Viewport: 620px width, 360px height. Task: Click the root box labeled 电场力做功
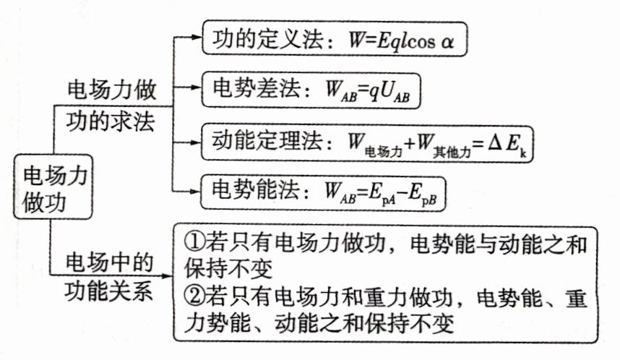pyautogui.click(x=53, y=187)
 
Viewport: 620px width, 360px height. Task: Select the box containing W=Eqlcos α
pyautogui.click(x=335, y=39)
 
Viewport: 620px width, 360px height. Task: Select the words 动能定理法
pyautogui.click(x=267, y=140)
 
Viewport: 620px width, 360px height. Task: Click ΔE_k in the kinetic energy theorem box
pyautogui.click(x=507, y=145)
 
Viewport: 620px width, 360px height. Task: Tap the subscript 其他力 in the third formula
pyautogui.click(x=452, y=152)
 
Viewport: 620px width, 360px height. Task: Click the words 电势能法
pyautogui.click(x=256, y=189)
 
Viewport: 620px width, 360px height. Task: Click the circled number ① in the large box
pyautogui.click(x=194, y=241)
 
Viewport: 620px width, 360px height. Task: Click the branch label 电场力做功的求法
pyautogui.click(x=111, y=106)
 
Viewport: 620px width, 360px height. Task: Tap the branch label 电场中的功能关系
pyautogui.click(x=109, y=277)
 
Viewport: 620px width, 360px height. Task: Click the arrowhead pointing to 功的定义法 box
pyautogui.click(x=196, y=37)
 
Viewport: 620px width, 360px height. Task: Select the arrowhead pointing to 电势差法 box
pyautogui.click(x=196, y=87)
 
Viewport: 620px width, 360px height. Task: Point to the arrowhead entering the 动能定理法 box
pyautogui.click(x=196, y=142)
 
